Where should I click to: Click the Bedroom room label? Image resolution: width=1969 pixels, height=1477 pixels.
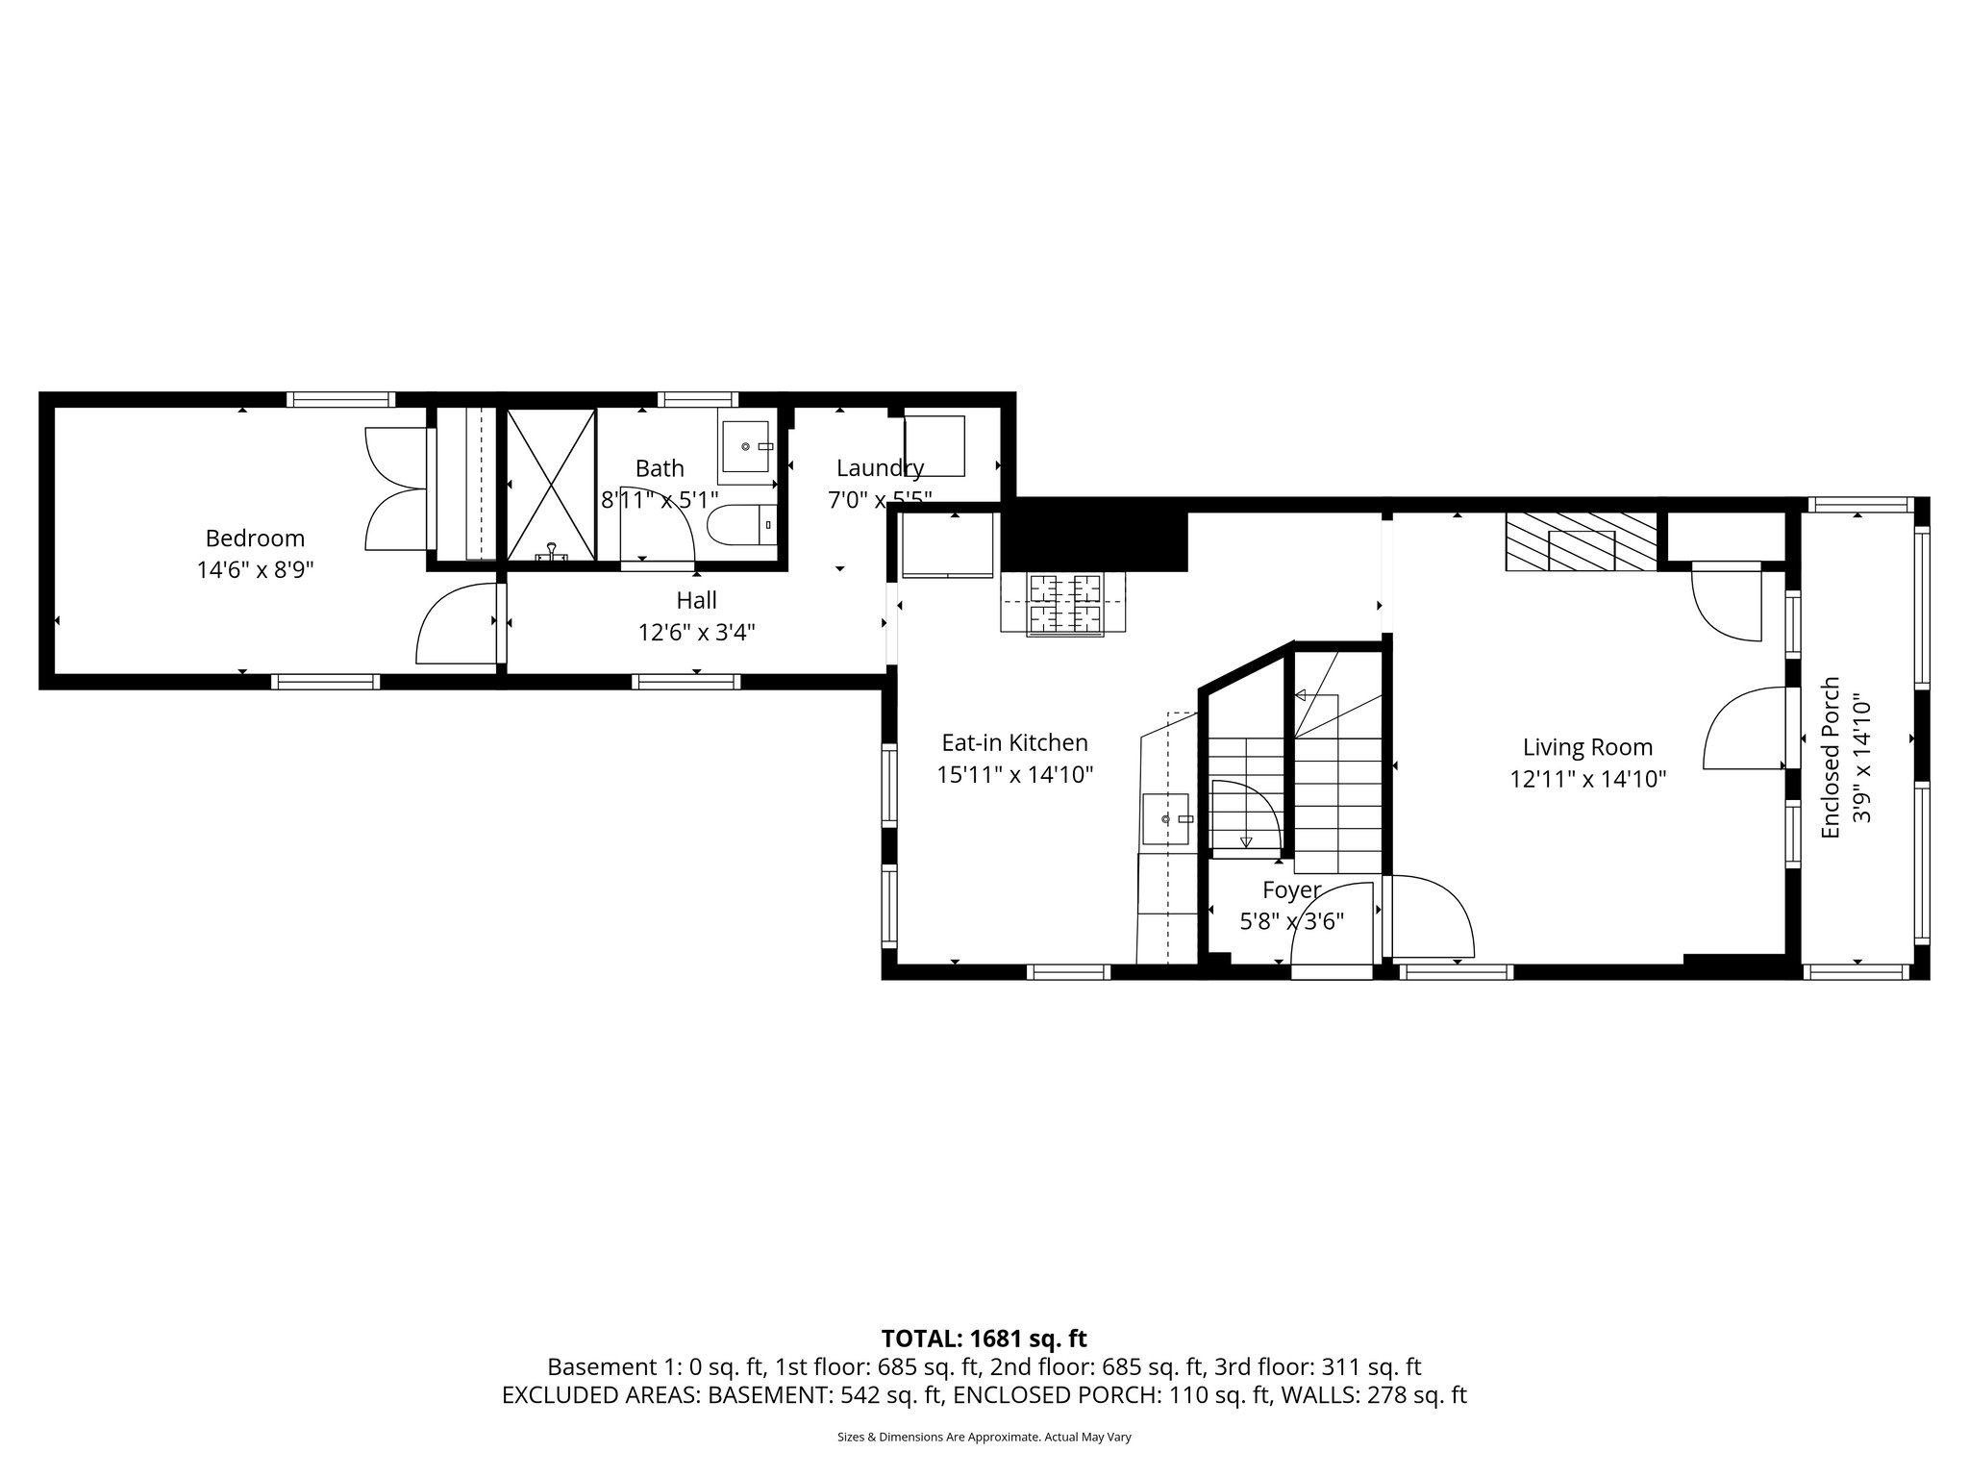click(255, 538)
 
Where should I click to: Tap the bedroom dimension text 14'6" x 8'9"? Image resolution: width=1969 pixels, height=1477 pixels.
click(255, 570)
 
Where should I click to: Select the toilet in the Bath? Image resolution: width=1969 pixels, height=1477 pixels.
click(739, 525)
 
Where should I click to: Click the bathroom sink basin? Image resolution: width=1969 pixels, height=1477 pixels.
click(746, 447)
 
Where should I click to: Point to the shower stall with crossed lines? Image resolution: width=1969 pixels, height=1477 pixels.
click(551, 484)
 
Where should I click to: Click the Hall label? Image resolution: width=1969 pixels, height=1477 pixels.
click(696, 601)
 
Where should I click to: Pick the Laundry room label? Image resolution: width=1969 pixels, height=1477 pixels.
click(879, 468)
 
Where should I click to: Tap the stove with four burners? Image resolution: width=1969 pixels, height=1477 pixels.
click(1063, 604)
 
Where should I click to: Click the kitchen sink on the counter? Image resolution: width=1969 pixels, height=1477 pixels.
click(1166, 819)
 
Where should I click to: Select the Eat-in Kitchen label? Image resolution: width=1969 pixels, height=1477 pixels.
click(1014, 743)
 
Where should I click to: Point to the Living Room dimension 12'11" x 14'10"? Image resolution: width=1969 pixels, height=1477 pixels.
click(1587, 779)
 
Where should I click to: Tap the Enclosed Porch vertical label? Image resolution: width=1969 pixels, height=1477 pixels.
click(1831, 757)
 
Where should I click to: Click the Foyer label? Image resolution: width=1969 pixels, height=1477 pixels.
click(1291, 889)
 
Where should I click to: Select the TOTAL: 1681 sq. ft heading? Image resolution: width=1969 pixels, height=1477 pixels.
click(984, 1339)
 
